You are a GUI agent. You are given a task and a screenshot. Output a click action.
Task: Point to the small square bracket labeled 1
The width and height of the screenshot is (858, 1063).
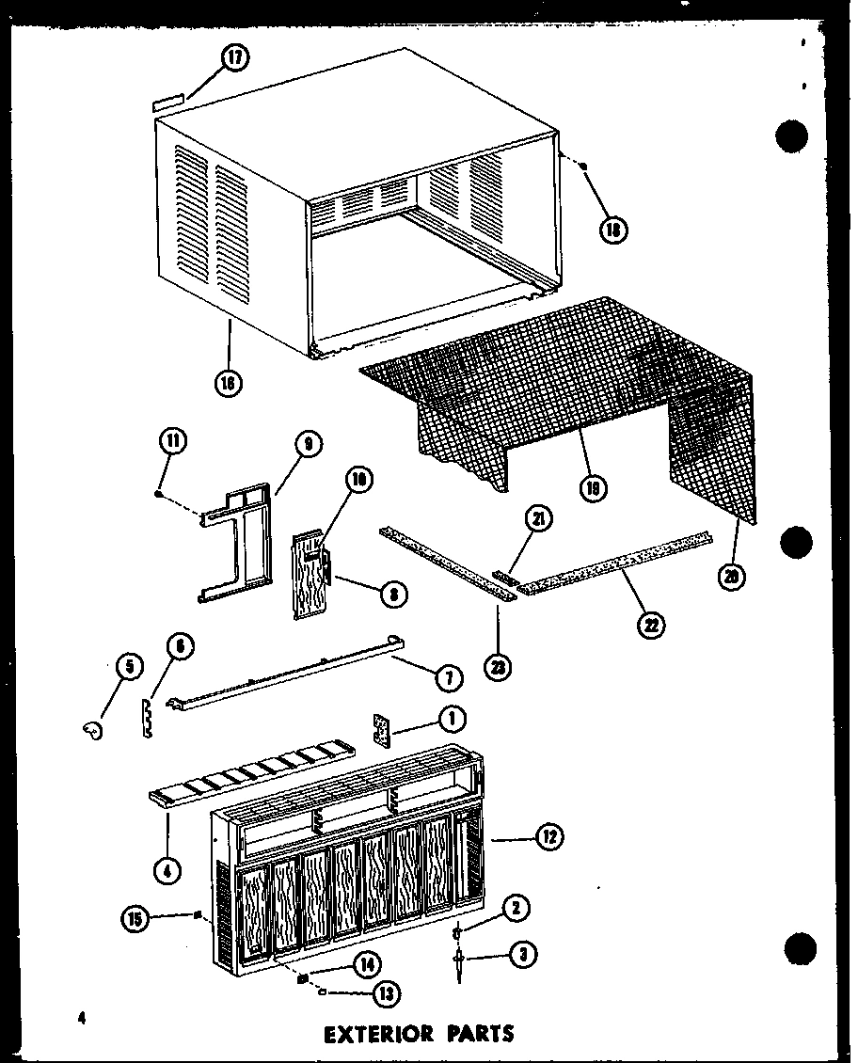pos(382,728)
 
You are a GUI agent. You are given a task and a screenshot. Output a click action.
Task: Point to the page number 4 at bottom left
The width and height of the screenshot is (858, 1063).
pos(84,1018)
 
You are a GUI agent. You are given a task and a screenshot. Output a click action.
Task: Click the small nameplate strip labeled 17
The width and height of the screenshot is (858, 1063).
pos(168,98)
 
